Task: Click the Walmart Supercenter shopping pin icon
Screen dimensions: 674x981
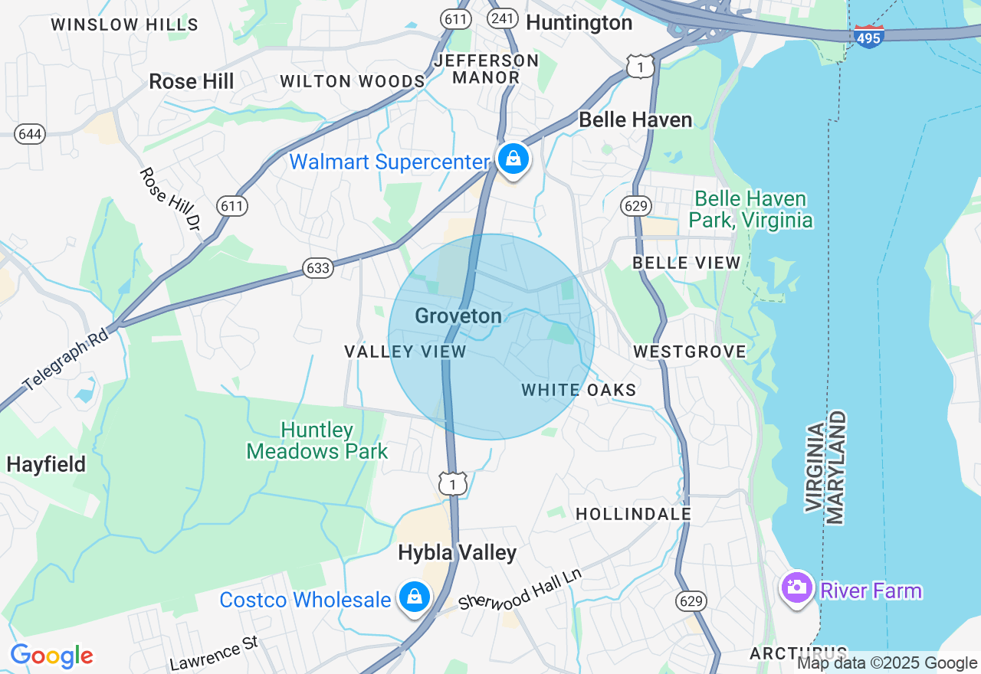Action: (513, 159)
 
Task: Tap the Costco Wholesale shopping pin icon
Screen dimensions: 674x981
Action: (415, 597)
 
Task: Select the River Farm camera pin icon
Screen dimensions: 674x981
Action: (796, 588)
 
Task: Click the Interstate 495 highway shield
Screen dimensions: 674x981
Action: (868, 35)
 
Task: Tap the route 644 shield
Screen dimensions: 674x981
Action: (30, 134)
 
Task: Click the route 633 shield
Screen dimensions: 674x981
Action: (317, 267)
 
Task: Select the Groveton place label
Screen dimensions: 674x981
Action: (458, 316)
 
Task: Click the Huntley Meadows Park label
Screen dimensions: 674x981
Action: (317, 441)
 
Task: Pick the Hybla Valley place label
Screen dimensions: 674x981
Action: (458, 552)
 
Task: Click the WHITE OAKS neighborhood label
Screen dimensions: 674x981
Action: (579, 390)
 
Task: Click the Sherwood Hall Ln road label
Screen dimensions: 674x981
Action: (520, 589)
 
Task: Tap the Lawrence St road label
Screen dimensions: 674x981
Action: (214, 653)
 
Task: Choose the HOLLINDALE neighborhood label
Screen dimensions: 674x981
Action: (633, 514)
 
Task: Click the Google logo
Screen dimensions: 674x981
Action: (51, 656)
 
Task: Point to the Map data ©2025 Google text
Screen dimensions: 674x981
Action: (887, 663)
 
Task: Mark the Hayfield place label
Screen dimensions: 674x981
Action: (46, 464)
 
